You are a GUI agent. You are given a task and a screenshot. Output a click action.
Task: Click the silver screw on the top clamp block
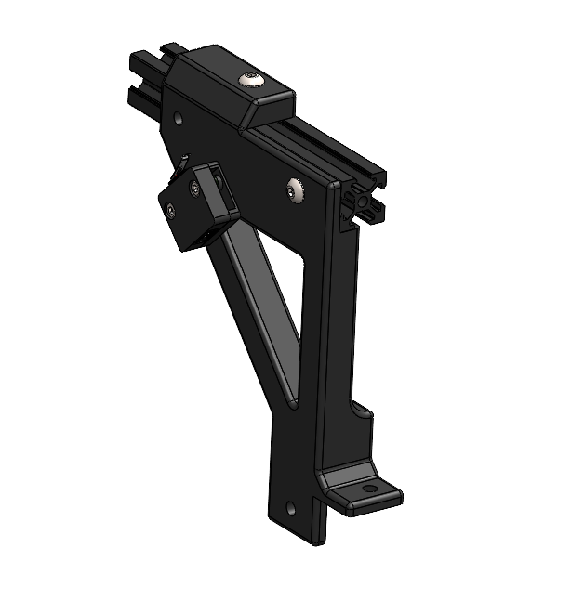(x=250, y=82)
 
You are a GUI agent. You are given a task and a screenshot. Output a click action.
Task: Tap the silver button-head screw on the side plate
(x=297, y=190)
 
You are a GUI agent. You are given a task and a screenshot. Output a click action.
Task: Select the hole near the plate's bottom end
(x=291, y=508)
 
